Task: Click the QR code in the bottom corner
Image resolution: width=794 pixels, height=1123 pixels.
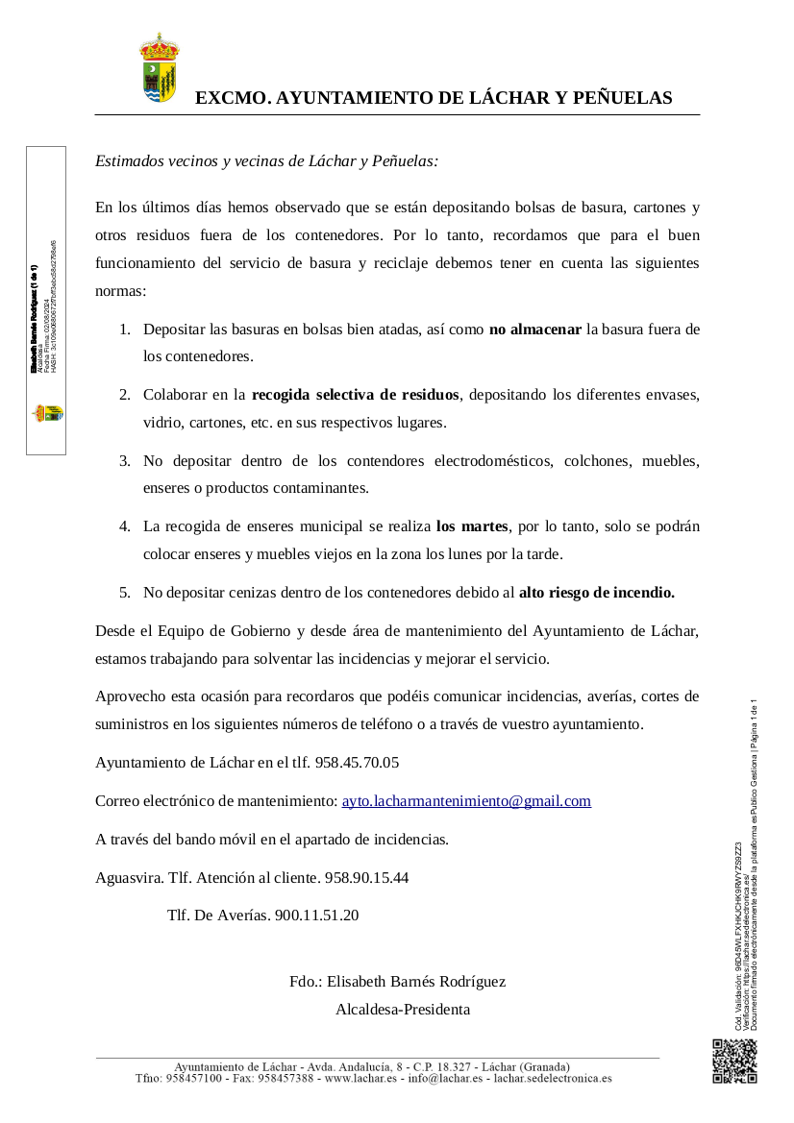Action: (734, 1062)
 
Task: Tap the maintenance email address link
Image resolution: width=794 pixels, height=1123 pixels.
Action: (466, 801)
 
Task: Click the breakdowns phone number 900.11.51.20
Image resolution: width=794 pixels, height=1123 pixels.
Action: (316, 915)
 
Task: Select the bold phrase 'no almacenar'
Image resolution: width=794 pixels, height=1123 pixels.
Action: (535, 330)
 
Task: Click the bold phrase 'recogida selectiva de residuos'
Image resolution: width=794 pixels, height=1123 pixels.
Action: (356, 394)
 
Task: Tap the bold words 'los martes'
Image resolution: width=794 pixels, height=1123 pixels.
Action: (471, 525)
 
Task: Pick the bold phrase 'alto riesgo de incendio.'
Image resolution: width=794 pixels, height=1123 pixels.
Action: (596, 593)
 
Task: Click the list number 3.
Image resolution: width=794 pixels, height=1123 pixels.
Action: (124, 460)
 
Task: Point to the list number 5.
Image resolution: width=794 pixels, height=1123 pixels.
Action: (124, 593)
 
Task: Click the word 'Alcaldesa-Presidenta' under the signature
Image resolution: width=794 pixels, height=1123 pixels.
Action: (403, 1010)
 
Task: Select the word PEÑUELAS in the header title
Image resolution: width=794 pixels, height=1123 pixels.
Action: (622, 98)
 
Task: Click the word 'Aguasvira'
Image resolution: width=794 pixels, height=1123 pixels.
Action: (128, 877)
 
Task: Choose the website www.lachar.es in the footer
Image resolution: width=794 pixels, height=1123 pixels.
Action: (362, 1078)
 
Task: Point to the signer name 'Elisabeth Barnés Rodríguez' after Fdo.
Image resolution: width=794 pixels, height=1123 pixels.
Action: (416, 982)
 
